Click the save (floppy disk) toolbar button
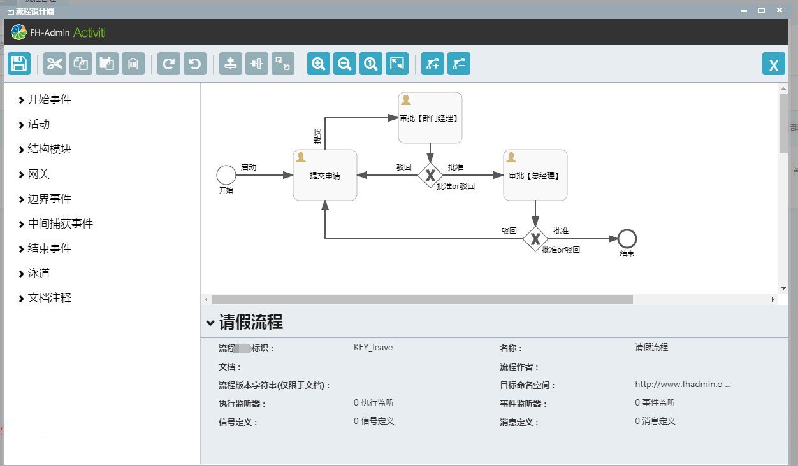pos(19,64)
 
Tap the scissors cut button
pos(55,64)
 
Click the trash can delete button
pos(133,64)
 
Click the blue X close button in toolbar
pos(773,64)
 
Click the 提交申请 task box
pos(325,175)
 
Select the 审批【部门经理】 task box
pos(430,118)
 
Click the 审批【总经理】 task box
pos(535,175)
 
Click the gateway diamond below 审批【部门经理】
pos(430,175)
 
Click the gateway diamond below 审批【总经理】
pos(535,239)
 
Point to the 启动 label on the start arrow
pos(249,167)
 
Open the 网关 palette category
pos(38,174)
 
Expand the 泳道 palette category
pos(38,273)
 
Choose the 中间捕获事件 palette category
pos(60,223)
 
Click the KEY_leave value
pos(373,347)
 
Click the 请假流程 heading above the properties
pos(250,322)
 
